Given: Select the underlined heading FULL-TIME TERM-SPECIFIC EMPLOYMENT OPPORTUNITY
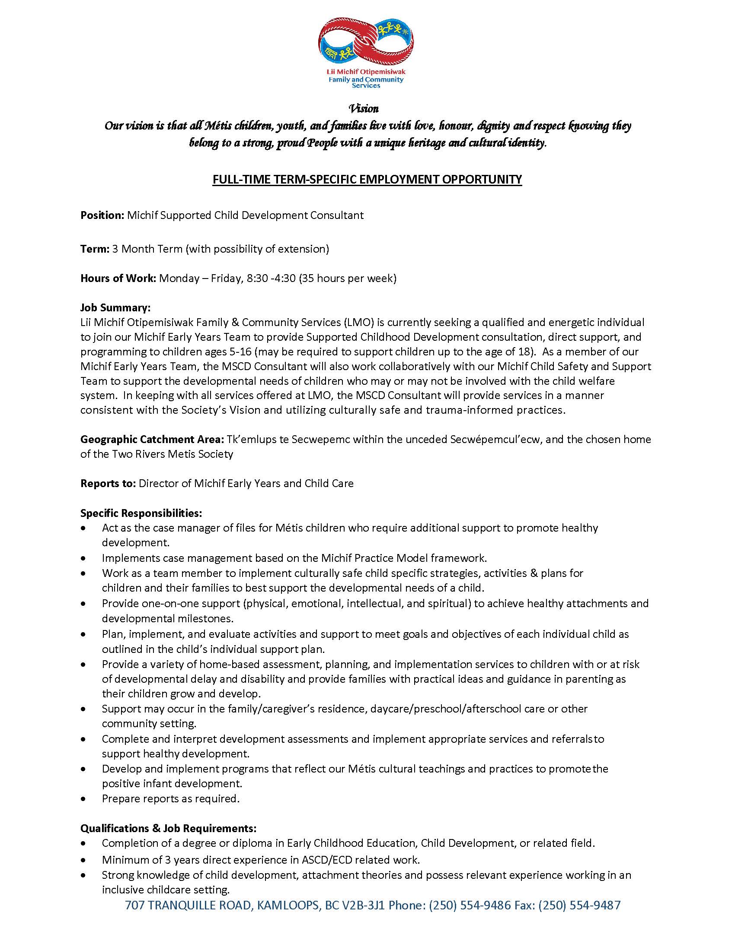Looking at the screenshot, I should [x=367, y=179].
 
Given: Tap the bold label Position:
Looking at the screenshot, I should [x=102, y=215].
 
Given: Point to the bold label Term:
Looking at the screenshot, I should [x=95, y=249].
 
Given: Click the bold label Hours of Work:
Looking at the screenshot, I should [x=118, y=279].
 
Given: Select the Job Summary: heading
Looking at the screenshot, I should [x=115, y=307].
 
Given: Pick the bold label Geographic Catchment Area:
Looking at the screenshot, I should [x=152, y=439].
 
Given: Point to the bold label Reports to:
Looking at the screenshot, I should [x=109, y=483].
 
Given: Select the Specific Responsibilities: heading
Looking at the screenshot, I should [x=141, y=513].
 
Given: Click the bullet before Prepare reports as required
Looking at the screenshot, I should [x=83, y=799].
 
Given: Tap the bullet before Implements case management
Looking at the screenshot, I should [x=83, y=558].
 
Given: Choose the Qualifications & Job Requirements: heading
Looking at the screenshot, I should [x=168, y=828].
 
